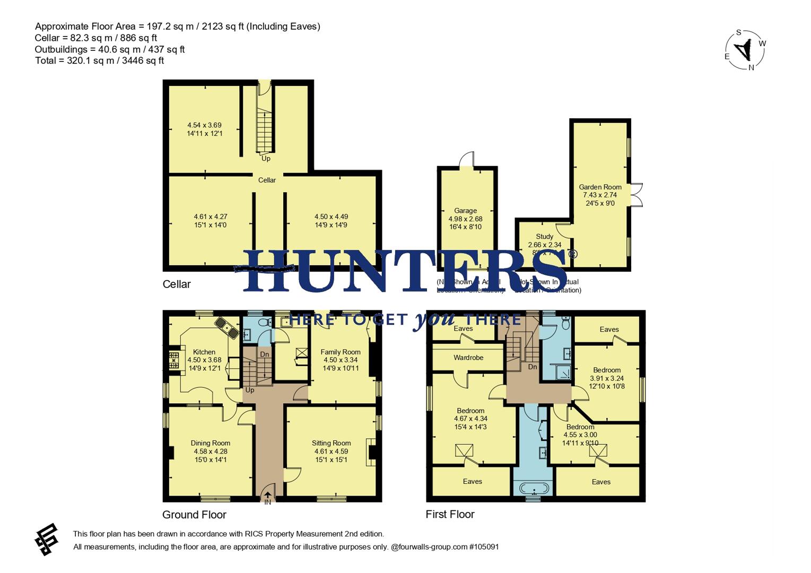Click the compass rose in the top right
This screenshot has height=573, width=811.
tap(745, 50)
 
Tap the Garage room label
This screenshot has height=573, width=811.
tap(465, 211)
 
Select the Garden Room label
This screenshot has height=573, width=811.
tap(600, 187)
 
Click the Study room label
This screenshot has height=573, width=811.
tap(544, 237)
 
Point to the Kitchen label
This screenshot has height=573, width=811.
tap(204, 352)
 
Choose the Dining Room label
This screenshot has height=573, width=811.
tap(211, 443)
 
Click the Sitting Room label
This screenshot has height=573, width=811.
tap(331, 443)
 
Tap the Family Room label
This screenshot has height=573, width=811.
tap(340, 352)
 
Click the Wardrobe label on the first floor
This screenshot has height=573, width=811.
tap(468, 358)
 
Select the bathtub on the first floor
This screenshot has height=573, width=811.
tap(533, 488)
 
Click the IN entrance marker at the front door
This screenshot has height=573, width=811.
tap(268, 502)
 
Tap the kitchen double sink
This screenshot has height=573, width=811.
tap(226, 327)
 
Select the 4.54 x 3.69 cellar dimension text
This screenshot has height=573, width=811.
tap(204, 125)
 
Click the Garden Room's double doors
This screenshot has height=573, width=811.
tap(636, 195)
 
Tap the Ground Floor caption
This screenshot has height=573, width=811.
tap(194, 515)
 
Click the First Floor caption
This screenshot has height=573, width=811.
tap(450, 514)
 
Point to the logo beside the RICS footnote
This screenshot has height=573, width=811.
tap(47, 539)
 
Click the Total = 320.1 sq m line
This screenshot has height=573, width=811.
tap(99, 60)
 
